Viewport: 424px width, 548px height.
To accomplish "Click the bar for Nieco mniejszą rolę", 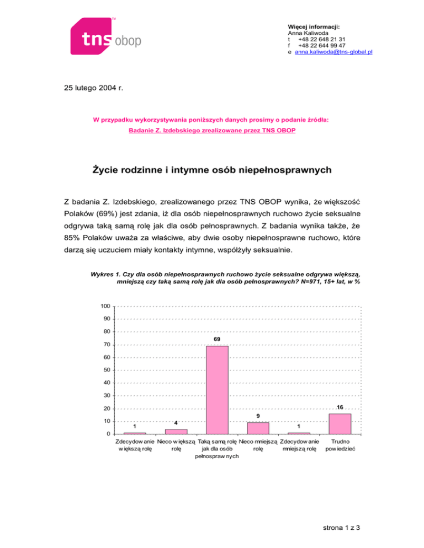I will click(258, 428).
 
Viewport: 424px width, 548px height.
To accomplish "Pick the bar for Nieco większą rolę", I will click(176, 431).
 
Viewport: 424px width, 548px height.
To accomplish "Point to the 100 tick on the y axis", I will click(105, 306).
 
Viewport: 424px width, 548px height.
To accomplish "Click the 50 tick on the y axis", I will click(106, 370).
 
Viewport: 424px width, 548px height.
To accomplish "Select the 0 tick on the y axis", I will click(108, 434).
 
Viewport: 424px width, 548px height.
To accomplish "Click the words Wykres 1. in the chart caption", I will click(106, 273).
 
